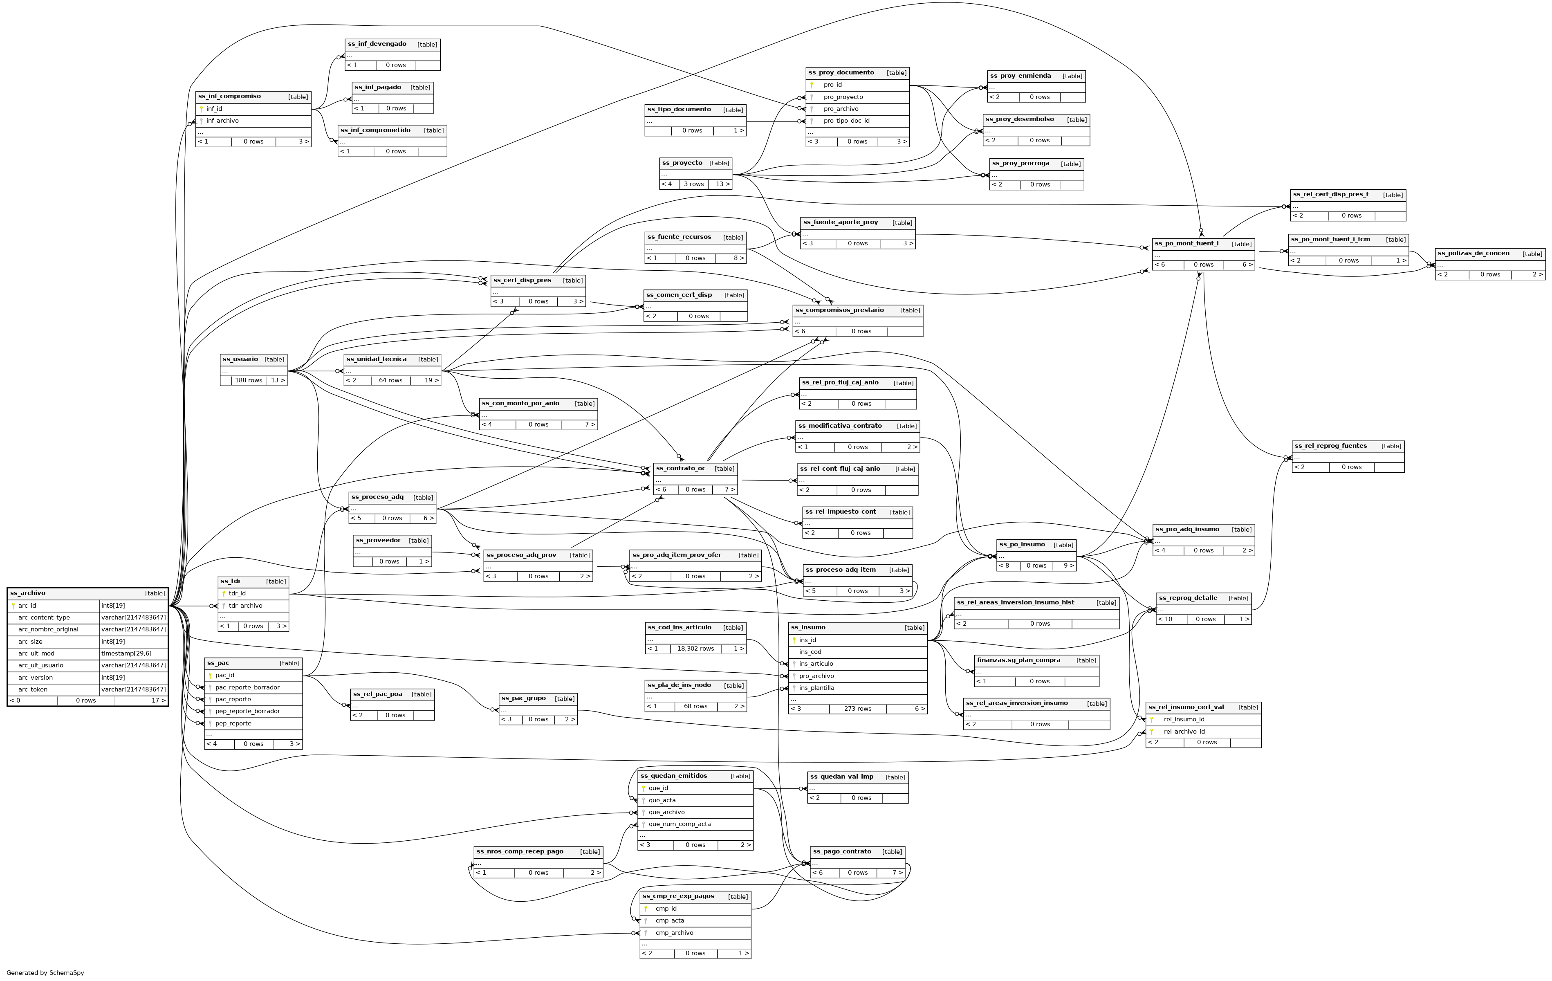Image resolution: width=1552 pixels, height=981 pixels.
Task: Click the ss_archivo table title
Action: click(28, 593)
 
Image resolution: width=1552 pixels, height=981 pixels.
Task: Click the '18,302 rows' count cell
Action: click(695, 649)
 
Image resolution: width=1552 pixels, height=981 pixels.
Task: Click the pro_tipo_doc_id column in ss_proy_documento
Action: click(846, 121)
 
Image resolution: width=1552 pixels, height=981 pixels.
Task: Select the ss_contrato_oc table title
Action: click(681, 469)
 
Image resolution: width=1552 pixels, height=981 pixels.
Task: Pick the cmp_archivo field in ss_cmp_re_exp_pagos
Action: click(674, 933)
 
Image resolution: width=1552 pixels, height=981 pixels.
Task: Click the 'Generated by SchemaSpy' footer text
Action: click(45, 973)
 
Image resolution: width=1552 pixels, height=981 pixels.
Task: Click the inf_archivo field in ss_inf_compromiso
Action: click(222, 121)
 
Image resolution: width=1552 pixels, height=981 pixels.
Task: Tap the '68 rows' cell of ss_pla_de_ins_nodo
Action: click(695, 707)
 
